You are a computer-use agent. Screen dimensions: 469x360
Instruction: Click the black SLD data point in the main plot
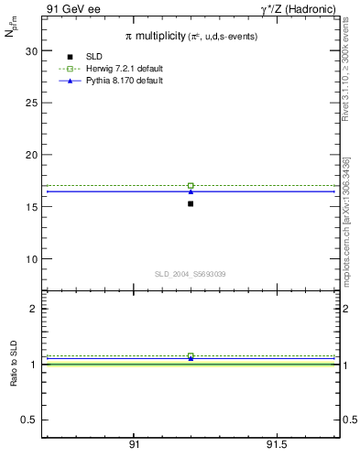[191, 203]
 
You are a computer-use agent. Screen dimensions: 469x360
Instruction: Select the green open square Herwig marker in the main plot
[191, 186]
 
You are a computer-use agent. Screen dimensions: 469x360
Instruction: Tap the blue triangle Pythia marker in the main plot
[191, 191]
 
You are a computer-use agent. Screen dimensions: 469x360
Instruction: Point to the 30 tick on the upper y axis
[31, 51]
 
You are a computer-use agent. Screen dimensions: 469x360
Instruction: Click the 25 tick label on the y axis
[31, 104]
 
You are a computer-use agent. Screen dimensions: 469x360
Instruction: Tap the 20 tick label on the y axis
[31, 155]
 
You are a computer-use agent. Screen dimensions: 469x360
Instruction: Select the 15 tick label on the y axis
[31, 207]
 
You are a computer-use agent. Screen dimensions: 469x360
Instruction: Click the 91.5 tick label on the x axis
[277, 444]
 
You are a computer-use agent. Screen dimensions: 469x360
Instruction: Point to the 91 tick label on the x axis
[134, 444]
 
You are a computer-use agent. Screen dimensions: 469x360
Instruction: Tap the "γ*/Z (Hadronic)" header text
[298, 9]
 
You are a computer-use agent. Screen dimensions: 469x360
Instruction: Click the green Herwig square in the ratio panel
[191, 355]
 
